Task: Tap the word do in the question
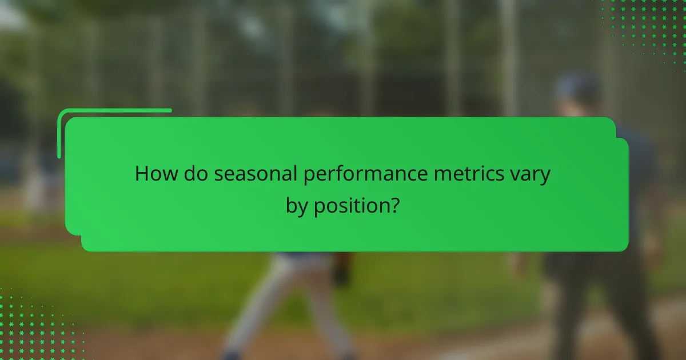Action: tap(197, 174)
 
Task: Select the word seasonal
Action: tap(256, 174)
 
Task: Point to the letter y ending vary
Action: tap(545, 177)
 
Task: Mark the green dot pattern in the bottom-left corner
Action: tap(34, 326)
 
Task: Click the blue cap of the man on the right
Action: tap(577, 86)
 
